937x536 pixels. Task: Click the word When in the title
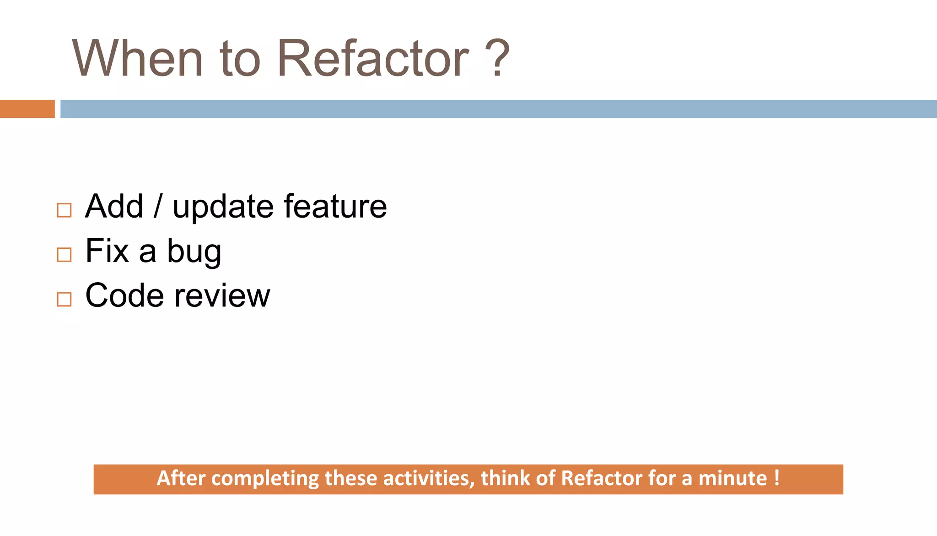click(137, 59)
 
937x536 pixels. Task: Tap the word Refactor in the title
click(373, 59)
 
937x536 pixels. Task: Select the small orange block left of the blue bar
click(27, 109)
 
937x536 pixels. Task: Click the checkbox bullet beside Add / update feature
click(64, 210)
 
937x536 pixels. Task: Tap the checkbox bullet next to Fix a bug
click(64, 255)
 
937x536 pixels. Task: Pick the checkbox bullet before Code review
click(64, 299)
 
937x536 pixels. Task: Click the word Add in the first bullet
click(114, 206)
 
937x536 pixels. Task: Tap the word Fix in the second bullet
click(107, 251)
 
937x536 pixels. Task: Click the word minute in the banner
click(732, 478)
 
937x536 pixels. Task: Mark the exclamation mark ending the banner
click(777, 478)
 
